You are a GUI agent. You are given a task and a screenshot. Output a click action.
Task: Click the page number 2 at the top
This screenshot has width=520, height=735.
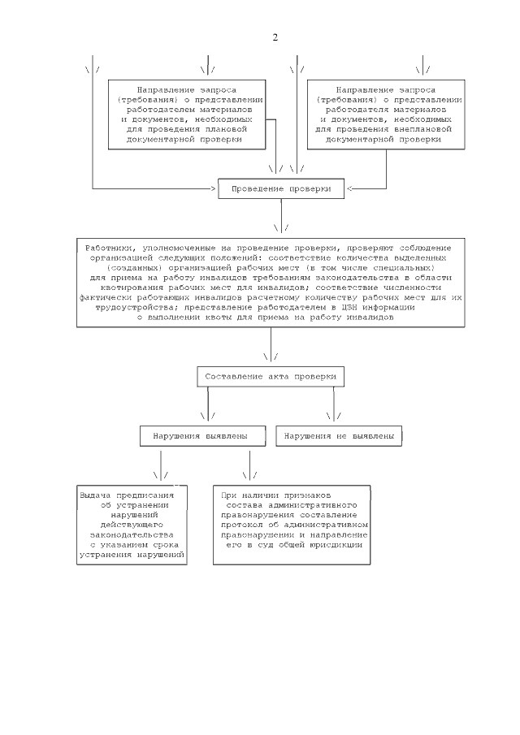275,38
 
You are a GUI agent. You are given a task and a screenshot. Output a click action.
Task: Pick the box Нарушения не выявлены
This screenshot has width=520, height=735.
340,436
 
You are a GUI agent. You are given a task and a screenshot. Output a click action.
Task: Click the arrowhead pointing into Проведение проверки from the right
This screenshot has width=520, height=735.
349,188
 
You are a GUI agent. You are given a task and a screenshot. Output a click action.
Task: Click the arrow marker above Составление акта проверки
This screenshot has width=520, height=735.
271,356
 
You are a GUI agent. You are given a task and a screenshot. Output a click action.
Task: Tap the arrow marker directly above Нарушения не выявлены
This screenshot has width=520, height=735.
333,416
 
